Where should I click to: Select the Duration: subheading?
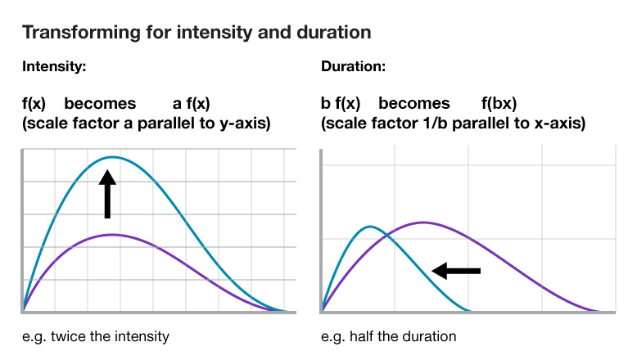[x=354, y=68]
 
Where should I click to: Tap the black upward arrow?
[x=107, y=193]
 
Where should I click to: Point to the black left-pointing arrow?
[x=456, y=270]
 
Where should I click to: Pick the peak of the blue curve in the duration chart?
[x=371, y=227]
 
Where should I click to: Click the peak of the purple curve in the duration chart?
[x=422, y=223]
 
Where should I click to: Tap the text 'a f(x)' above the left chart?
[x=191, y=105]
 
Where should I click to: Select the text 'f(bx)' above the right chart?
[x=499, y=105]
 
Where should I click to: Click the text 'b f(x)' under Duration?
[x=341, y=105]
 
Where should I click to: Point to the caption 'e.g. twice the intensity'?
[x=96, y=336]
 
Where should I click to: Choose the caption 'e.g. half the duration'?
[x=389, y=336]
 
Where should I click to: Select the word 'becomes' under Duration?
[x=414, y=105]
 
